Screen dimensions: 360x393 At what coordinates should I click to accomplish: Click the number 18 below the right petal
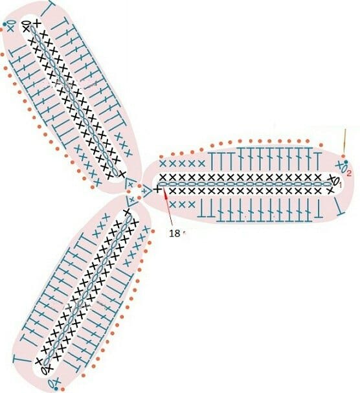pos(175,233)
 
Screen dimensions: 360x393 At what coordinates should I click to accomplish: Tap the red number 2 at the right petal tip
pos(348,172)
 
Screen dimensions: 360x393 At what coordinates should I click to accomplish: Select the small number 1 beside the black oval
pos(340,185)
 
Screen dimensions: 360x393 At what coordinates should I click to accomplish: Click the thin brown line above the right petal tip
pos(345,142)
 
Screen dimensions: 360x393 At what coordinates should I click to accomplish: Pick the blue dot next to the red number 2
pos(346,162)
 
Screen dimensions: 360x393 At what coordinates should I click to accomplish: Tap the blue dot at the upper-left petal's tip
pos(5,24)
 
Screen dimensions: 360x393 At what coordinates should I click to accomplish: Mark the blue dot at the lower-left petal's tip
pos(56,388)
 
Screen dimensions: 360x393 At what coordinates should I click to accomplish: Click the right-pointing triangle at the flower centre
pos(146,192)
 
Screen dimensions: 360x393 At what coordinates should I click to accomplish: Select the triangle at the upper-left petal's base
pos(130,185)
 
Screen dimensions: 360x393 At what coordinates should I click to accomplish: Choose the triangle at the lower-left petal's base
pos(132,200)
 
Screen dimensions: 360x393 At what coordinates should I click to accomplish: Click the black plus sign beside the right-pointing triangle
pos(157,190)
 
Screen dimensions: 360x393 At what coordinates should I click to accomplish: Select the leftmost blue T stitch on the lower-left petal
pos(21,359)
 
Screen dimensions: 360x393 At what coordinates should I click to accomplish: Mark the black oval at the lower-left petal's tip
pos(44,370)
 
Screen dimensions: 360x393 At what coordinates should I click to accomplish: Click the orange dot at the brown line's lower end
pos(343,157)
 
